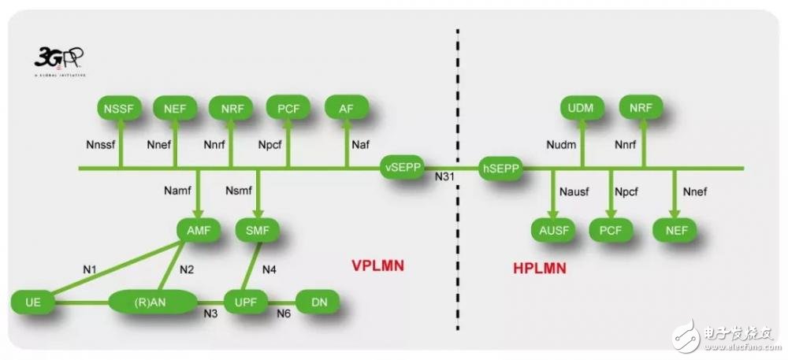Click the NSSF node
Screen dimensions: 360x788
tap(119, 108)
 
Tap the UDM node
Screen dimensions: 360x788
tap(582, 108)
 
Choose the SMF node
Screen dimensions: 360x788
tap(258, 231)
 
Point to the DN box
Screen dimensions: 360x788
tap(317, 302)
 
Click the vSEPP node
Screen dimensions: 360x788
tap(402, 168)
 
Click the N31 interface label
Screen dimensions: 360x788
tap(446, 179)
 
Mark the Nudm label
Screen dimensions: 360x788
tap(561, 144)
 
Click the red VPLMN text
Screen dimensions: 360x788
tap(377, 265)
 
